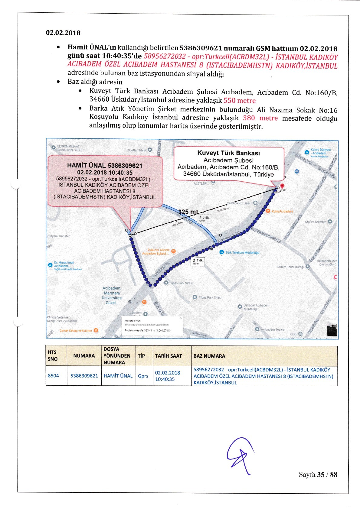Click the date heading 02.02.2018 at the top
point(63,33)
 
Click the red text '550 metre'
point(239,101)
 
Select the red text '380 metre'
point(260,118)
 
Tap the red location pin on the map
point(282,186)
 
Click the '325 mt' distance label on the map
point(188,212)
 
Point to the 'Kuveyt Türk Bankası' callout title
point(228,153)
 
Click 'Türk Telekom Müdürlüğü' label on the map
point(242,252)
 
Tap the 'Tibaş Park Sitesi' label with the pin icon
point(210,297)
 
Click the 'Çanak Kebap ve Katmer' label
point(76,330)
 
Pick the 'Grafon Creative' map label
point(316,222)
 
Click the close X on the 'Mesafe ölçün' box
point(181,318)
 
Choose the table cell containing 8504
point(53,376)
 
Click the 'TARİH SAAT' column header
point(168,356)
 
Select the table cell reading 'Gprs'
point(143,376)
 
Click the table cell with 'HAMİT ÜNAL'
point(118,376)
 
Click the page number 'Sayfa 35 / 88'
point(318,475)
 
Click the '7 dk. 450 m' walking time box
point(198,262)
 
